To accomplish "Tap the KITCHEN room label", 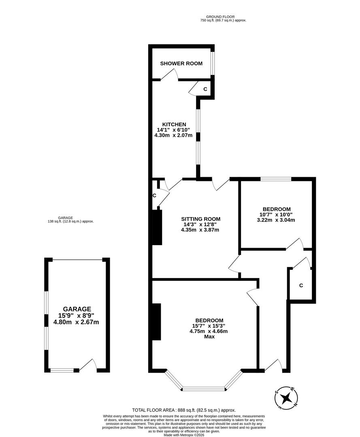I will tap(174, 124).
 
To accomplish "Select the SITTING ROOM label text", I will tap(200, 219).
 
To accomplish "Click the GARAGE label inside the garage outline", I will tap(77, 309).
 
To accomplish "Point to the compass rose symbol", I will tap(287, 397).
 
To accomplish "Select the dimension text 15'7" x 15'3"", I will tap(209, 325).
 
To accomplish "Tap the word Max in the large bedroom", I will tap(209, 336).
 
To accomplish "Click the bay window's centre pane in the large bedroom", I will tap(203, 389).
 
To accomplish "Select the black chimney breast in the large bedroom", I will tap(156, 322).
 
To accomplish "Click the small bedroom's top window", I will tap(275, 179).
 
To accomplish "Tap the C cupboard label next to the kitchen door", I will tap(154, 195).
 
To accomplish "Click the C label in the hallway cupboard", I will tap(301, 285).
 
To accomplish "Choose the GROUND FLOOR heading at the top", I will tap(223, 17).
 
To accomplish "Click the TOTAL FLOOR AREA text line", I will tap(184, 410).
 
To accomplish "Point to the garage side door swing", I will tap(89, 365).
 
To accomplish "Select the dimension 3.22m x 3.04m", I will tap(276, 220).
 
